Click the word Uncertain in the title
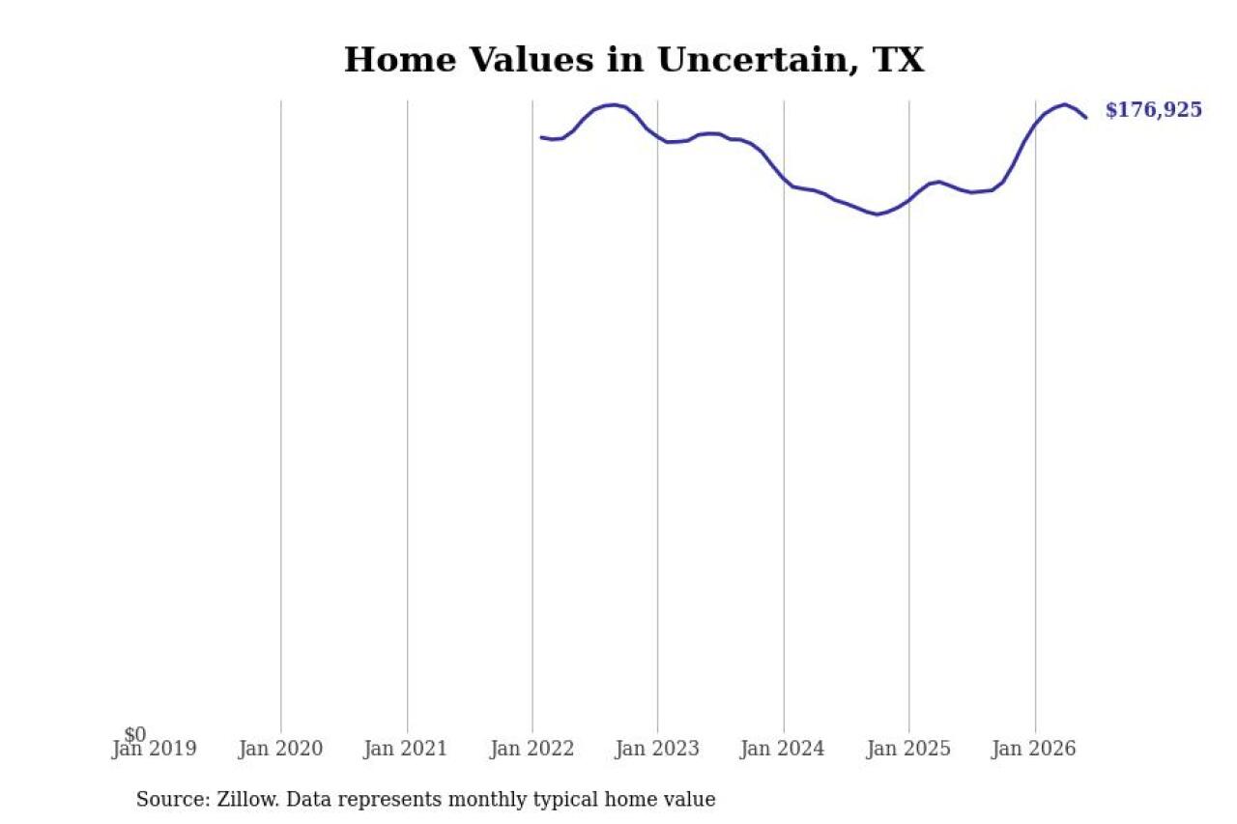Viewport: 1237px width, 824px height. click(x=757, y=60)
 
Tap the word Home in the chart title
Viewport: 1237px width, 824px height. click(x=400, y=60)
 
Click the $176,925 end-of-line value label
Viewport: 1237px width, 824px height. click(x=1154, y=110)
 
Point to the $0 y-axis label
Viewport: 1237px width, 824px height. click(x=135, y=734)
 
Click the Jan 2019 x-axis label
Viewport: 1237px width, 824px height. click(x=154, y=749)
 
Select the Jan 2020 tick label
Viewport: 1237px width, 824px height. click(x=280, y=749)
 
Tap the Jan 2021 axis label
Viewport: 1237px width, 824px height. click(x=405, y=749)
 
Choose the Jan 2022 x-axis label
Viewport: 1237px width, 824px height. click(x=532, y=749)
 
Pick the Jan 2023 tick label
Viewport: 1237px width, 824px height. click(x=657, y=749)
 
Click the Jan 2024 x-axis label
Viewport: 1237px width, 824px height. click(x=783, y=749)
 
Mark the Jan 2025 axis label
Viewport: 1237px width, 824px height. click(x=909, y=749)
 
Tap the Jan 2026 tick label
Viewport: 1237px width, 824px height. click(x=1034, y=749)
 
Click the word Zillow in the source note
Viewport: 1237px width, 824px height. click(x=248, y=799)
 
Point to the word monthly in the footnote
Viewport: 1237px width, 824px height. click(x=490, y=800)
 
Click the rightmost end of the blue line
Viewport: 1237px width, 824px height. click(x=1086, y=118)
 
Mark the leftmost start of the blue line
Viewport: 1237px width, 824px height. click(x=541, y=137)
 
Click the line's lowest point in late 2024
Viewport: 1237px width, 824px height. click(x=877, y=214)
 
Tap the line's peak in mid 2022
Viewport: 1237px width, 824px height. click(x=612, y=104)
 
